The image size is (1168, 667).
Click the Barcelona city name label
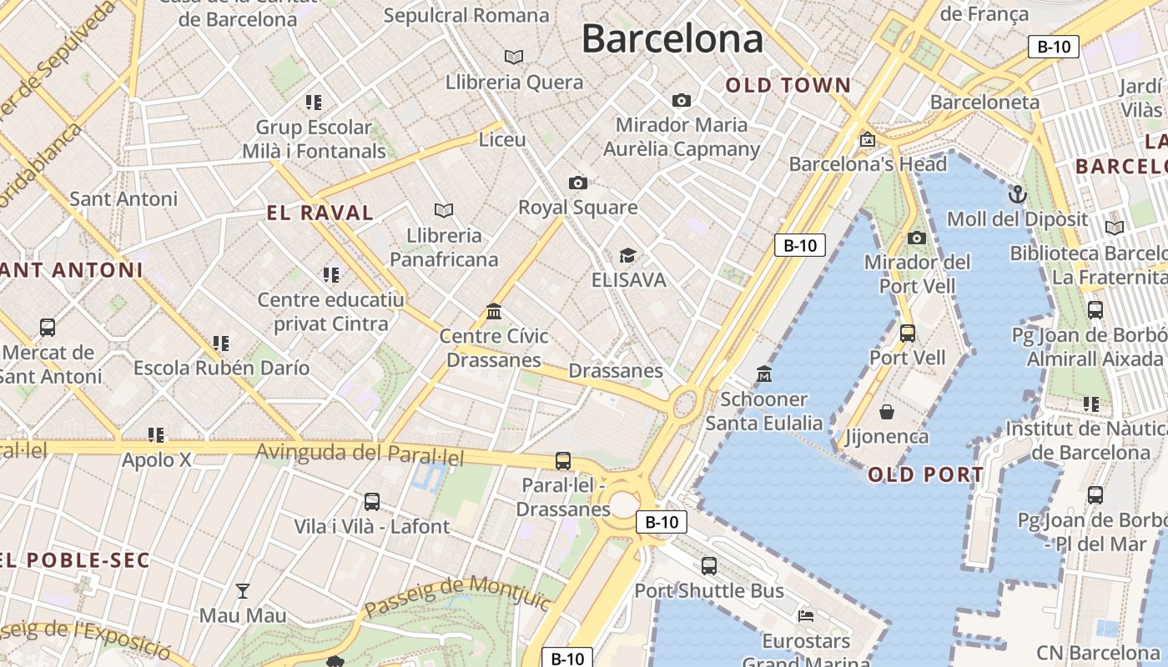(672, 39)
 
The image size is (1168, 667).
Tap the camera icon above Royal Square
(577, 183)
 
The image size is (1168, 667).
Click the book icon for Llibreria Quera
(514, 57)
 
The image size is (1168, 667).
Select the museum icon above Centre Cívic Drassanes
(494, 311)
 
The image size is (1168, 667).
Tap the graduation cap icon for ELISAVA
(627, 255)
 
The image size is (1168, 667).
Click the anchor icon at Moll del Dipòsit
(1017, 194)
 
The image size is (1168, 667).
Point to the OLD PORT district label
(926, 475)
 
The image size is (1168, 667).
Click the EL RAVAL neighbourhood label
(320, 213)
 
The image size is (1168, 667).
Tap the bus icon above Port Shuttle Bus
(708, 566)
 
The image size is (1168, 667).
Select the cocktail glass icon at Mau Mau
(243, 591)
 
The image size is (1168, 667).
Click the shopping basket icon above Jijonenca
(887, 412)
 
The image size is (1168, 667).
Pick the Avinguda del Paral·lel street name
(360, 454)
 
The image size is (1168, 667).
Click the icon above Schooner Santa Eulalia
(764, 374)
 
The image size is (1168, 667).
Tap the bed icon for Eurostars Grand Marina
(806, 616)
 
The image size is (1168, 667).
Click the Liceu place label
(502, 139)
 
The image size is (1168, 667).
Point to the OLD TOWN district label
(788, 85)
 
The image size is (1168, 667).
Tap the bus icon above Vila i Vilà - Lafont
(372, 502)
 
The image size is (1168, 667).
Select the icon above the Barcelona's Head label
(868, 139)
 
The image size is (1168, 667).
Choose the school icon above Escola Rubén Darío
(221, 343)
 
